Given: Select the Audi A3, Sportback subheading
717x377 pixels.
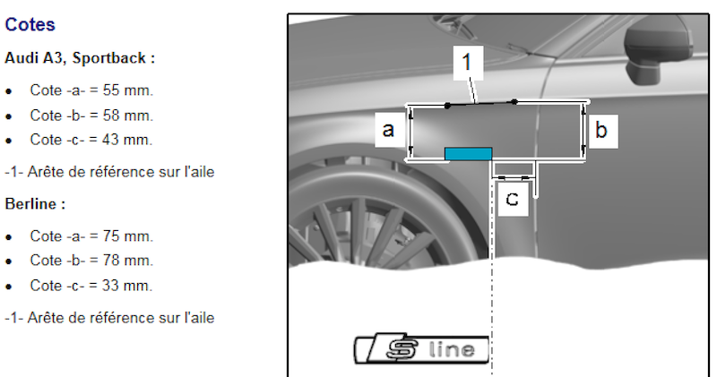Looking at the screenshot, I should (80, 58).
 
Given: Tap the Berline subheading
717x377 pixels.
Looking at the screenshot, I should (35, 203).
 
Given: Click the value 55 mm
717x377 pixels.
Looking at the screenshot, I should (130, 90).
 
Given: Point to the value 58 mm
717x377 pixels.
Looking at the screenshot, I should (130, 115).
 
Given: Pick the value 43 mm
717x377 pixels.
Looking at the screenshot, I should (130, 139).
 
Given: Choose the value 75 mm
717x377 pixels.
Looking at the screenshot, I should (130, 236).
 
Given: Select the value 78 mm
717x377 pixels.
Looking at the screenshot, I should (130, 261).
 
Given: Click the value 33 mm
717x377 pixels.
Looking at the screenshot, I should (130, 286).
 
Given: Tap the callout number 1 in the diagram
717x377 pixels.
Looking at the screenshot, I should (468, 64).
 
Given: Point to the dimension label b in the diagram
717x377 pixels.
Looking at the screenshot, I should (600, 132).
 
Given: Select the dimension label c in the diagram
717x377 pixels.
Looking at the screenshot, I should (512, 199).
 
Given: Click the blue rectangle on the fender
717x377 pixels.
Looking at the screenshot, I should (468, 154).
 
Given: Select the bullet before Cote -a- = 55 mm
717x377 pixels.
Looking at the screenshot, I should (9, 91).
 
